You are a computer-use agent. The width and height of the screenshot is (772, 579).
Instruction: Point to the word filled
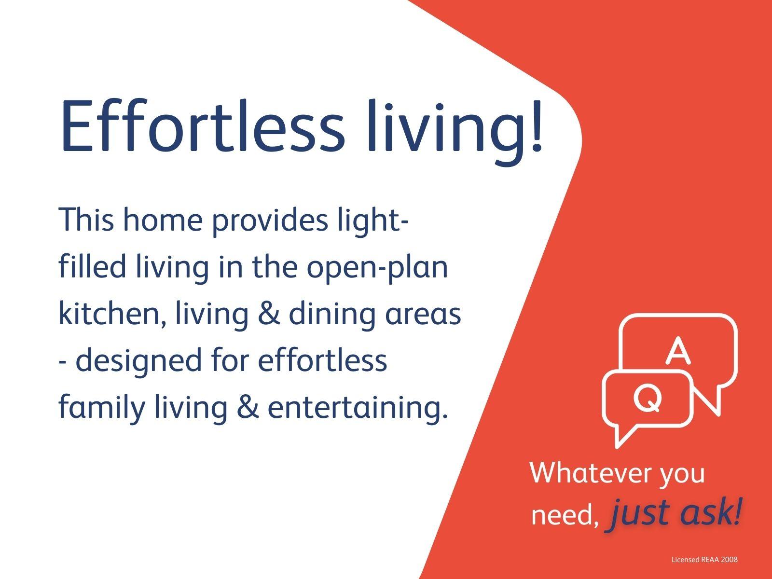[92, 266]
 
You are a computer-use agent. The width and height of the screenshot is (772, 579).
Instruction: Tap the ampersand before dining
[269, 314]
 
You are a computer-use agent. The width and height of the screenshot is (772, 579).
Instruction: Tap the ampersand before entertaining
[248, 407]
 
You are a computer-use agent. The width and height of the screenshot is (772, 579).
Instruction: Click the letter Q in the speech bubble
[647, 398]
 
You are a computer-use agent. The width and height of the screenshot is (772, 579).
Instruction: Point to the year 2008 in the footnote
[728, 560]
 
